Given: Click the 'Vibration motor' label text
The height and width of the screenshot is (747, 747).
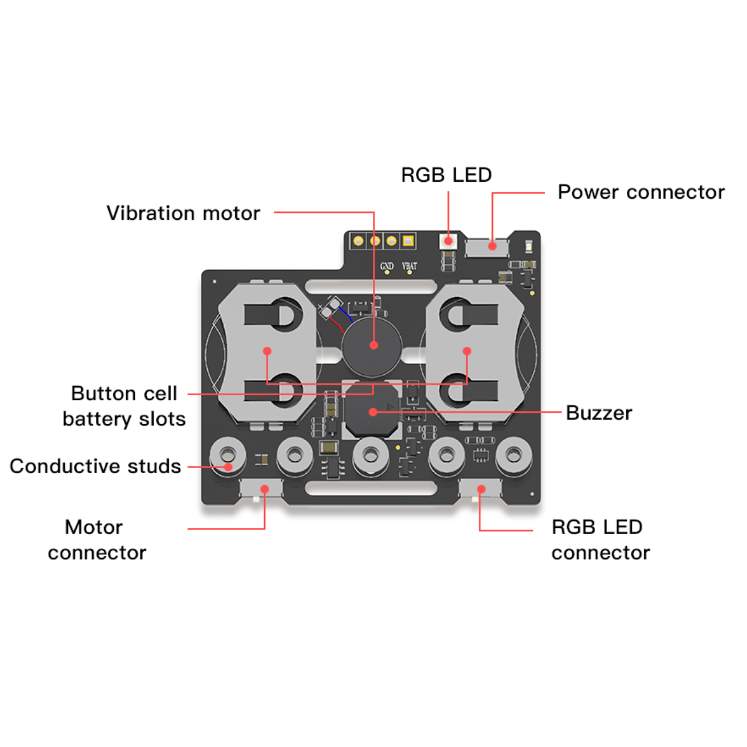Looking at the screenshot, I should coord(183,214).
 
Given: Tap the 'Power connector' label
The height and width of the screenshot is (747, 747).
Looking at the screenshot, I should coord(641,192).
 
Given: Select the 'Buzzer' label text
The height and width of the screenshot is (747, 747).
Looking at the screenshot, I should coord(599,413).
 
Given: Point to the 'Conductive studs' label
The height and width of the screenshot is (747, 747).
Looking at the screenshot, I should coord(95,466).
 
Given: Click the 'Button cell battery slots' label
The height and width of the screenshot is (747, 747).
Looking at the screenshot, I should coord(124,406).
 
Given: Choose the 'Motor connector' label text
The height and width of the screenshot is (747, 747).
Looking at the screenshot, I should coord(96,540).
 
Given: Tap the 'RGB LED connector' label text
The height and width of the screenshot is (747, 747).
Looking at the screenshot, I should coord(600,540).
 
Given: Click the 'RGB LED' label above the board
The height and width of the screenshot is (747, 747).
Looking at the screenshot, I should coord(446,175).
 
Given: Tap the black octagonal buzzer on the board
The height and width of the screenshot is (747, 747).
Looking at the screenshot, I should coord(372,411).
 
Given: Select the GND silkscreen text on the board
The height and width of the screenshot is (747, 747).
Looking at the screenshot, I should coord(387,266).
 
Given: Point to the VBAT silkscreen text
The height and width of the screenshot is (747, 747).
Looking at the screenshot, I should coord(409,266).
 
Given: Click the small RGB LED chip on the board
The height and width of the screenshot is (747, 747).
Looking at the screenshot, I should coord(448,241).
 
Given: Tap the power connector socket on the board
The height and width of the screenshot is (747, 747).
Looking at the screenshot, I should coord(487,247).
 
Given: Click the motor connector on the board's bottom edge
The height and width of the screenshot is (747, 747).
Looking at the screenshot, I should coord(261,489).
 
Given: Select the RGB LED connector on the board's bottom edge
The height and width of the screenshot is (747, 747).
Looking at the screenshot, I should coord(480,489).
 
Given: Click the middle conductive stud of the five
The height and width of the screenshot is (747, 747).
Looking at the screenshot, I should coord(371,455).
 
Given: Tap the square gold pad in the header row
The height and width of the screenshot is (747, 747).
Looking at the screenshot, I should coord(408,241).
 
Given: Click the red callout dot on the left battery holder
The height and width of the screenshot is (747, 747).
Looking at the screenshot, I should coord(267,351).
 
